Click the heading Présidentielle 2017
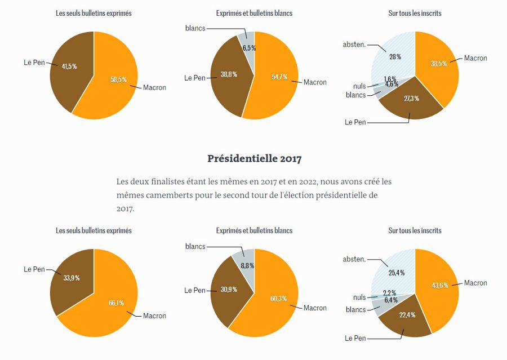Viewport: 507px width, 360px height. click(x=254, y=158)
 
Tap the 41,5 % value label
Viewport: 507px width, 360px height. click(x=69, y=66)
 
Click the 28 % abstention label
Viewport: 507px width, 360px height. click(x=394, y=56)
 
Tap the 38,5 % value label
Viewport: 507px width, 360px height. click(x=439, y=64)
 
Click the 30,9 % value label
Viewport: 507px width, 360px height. click(x=228, y=290)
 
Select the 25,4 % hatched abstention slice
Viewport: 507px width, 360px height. click(x=394, y=270)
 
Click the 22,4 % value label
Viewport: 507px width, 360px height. click(x=407, y=314)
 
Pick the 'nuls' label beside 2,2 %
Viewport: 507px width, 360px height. click(x=359, y=297)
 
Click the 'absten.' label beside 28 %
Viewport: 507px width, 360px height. click(x=354, y=44)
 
